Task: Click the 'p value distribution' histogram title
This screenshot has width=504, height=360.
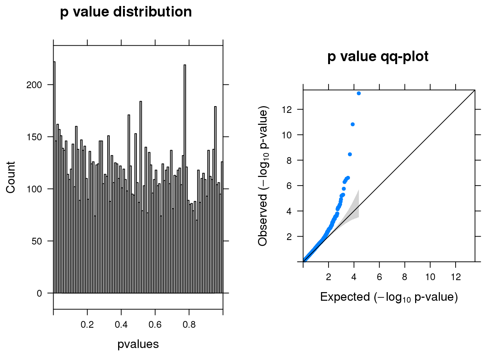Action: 126,12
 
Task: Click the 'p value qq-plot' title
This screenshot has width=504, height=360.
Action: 378,57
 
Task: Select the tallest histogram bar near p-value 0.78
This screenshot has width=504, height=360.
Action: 185,180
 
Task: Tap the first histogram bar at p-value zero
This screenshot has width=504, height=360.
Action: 54,180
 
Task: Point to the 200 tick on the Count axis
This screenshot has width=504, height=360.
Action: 34,85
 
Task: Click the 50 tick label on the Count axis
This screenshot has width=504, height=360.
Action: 37,241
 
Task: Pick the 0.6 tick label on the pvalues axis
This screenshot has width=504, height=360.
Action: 155,325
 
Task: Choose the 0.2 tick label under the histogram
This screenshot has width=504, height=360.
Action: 87,325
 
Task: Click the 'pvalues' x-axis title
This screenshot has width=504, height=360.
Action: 138,344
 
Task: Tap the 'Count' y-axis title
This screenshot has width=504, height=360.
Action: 10,177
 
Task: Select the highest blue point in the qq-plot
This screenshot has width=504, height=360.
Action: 359,93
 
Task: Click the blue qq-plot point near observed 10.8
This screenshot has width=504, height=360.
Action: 352,124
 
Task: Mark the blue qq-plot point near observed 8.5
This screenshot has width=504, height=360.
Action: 350,154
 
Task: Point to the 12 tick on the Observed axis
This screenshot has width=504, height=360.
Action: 287,109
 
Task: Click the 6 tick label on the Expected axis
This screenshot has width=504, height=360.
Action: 379,277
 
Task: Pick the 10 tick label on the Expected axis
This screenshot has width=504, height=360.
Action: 430,277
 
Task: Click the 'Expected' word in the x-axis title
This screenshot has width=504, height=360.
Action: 345,297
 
